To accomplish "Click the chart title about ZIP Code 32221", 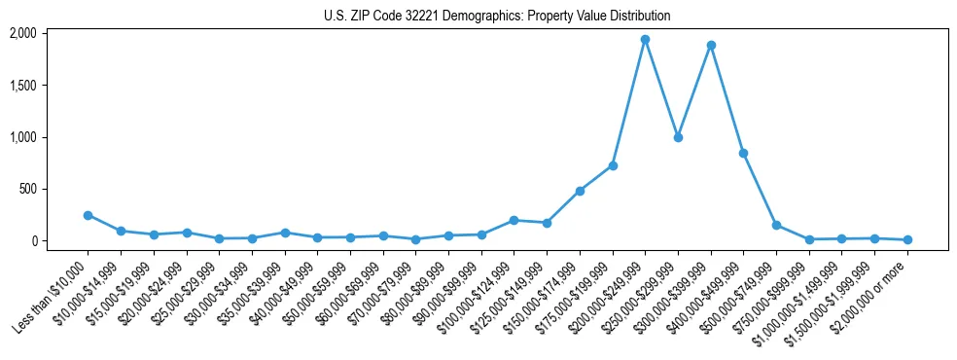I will point(497,16).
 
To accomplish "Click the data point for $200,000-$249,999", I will point(645,40).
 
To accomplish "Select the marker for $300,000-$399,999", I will point(711,45).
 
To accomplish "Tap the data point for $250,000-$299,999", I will point(678,137).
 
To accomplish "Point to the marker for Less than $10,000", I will point(88,215).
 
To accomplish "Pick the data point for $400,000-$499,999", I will point(743,153).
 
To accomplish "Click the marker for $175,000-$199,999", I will point(613,165).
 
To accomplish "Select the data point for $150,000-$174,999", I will point(580,191).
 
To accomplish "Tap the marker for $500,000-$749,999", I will point(776,225).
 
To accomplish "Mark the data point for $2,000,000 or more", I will point(907,239).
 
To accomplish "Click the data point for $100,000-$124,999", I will point(514,220).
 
